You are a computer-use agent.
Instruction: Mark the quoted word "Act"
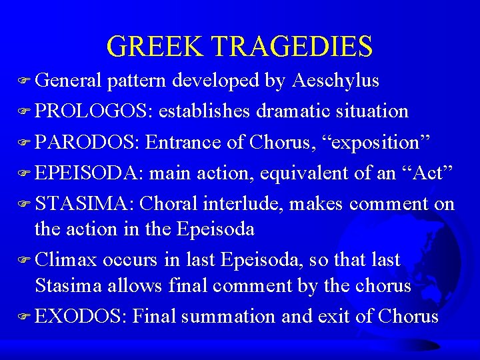(x=425, y=173)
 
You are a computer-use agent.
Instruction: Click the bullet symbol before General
(x=27, y=82)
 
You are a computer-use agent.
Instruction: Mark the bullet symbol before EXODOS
(x=27, y=317)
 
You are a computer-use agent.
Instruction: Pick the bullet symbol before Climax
(x=27, y=260)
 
